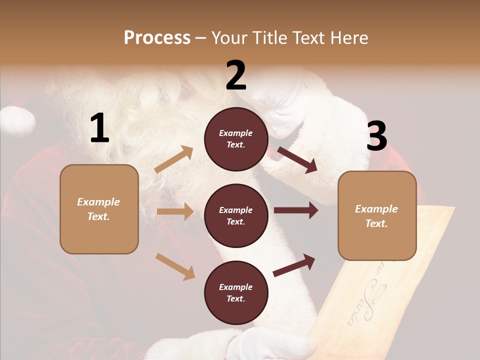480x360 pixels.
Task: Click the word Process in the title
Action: point(157,38)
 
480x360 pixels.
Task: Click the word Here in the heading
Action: point(348,38)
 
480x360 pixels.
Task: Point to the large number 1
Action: point(99,128)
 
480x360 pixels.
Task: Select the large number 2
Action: point(236,75)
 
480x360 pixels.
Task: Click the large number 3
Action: point(376,136)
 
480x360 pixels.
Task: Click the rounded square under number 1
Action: point(99,209)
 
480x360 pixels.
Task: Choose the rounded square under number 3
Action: point(377,216)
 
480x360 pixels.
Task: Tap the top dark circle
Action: point(236,139)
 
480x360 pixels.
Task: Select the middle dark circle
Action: point(236,216)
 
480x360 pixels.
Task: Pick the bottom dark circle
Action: point(236,293)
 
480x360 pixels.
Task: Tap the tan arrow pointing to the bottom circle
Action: point(175,266)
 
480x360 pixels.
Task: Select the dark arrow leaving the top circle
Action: point(297,159)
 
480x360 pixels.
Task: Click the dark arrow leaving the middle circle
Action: point(296,210)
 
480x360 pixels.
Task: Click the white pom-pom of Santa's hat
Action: point(17,120)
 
